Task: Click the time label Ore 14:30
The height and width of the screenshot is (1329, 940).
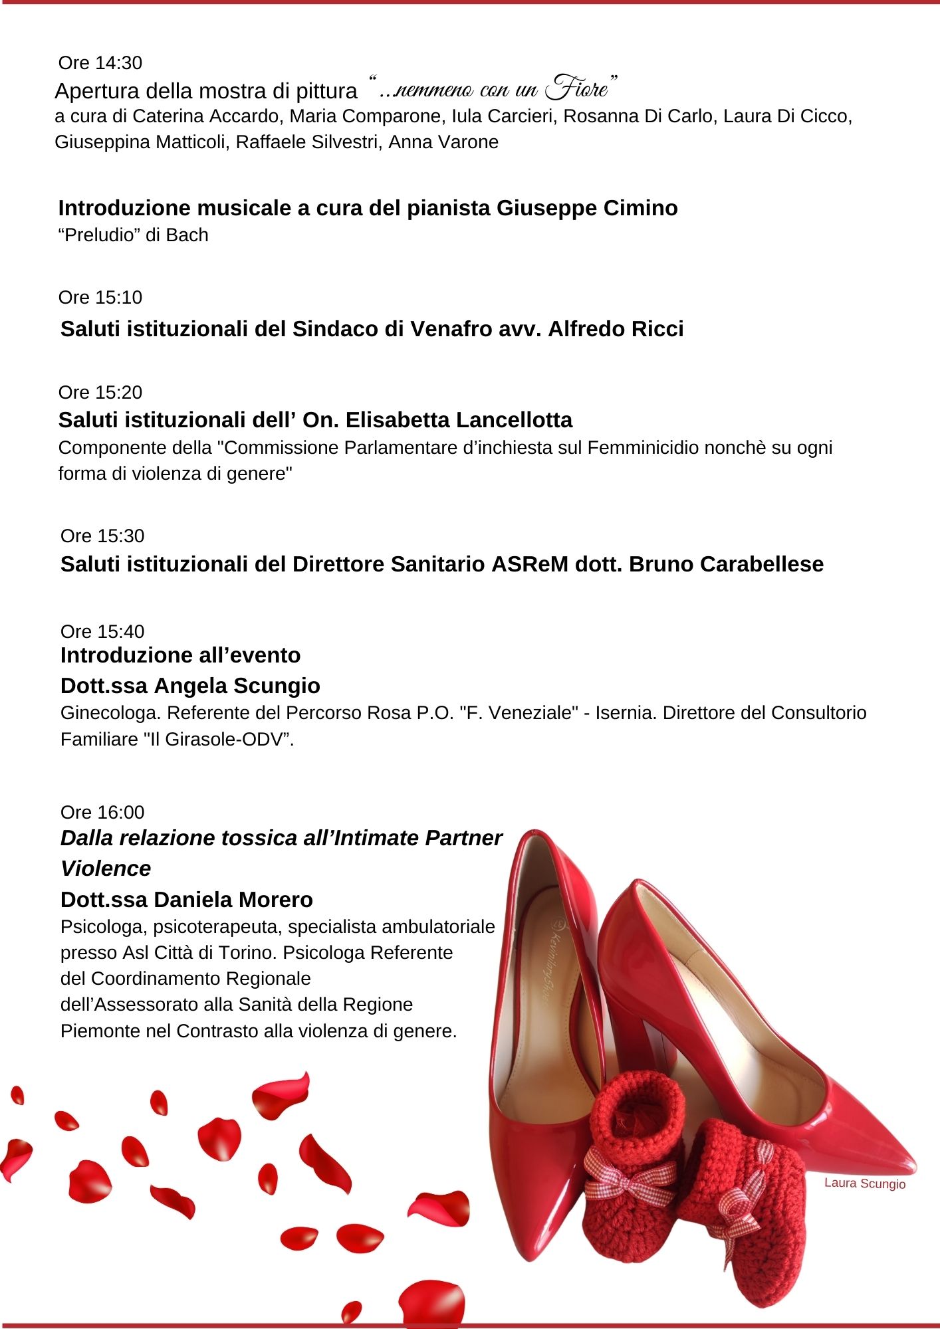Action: click(x=100, y=63)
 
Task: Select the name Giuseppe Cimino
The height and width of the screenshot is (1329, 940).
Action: click(x=587, y=208)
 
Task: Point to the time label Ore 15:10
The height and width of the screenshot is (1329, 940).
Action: click(x=100, y=298)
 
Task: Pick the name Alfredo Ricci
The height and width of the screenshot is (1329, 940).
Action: click(x=616, y=329)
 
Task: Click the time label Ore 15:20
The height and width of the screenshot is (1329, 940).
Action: click(x=100, y=393)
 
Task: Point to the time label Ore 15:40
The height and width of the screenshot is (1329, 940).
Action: click(x=102, y=631)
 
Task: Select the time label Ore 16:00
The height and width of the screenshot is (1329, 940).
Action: click(x=102, y=812)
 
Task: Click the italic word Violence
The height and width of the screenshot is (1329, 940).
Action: click(x=106, y=869)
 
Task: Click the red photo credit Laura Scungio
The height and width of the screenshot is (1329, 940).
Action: click(x=864, y=1183)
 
